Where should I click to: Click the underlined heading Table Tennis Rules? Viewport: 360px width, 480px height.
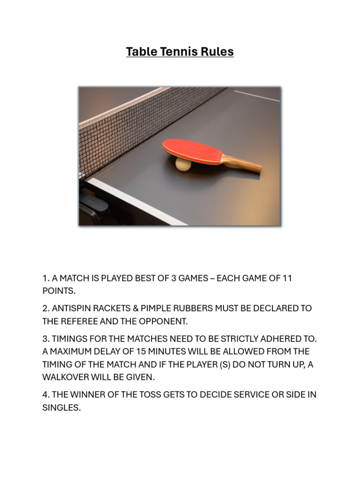click(x=180, y=52)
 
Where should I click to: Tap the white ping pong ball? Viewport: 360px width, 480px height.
click(x=183, y=165)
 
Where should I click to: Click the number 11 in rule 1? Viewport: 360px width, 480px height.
click(x=287, y=278)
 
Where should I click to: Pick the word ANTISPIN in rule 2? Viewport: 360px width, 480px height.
click(x=73, y=308)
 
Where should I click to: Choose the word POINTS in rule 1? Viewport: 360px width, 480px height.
click(x=59, y=291)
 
